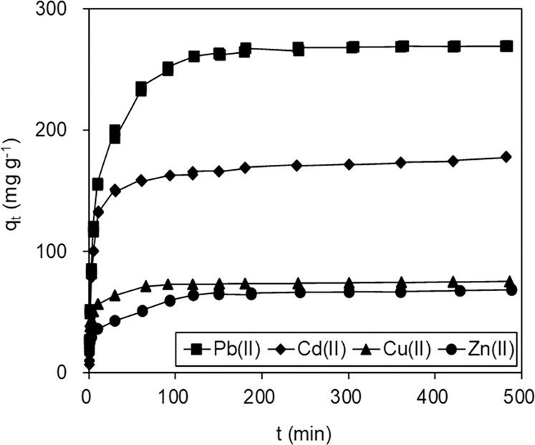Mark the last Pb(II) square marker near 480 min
coord(506,46)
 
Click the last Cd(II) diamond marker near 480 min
coord(506,157)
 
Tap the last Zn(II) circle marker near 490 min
coord(511,290)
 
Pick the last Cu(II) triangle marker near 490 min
coord(511,281)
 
